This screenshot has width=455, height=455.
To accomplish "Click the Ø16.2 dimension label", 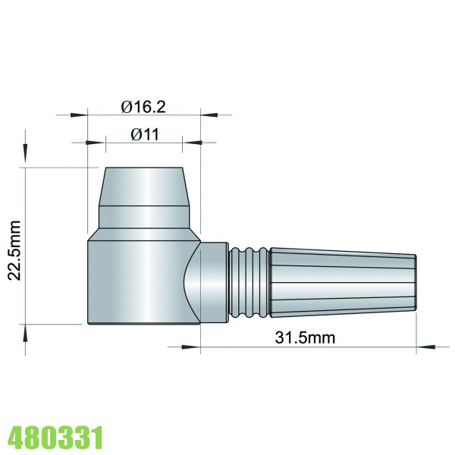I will pos(144,107).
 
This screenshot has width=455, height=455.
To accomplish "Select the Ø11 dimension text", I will pos(144,134).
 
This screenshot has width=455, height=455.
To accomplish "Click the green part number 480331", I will pos(55,438).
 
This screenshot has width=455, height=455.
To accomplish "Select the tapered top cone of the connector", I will pos(143,187).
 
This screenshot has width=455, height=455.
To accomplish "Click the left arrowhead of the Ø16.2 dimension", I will pos(80,116).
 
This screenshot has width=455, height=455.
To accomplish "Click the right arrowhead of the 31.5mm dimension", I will pos(425,348).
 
